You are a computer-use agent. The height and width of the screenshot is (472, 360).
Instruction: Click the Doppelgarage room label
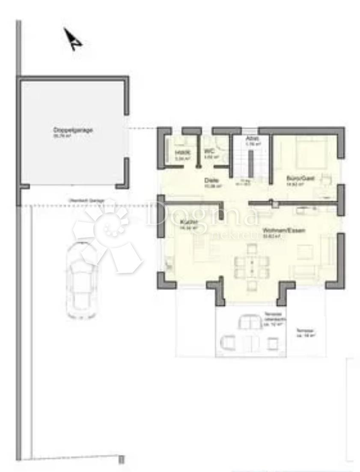(67, 130)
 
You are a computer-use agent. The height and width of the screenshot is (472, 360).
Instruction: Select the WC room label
(209, 152)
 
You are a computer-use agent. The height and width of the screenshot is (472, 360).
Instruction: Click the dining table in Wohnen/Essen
(251, 266)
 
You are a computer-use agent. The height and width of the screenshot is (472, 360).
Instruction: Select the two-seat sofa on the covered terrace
(249, 322)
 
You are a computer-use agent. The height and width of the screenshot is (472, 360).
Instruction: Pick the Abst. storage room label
(251, 139)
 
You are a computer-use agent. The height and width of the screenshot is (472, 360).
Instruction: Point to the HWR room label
(180, 152)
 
